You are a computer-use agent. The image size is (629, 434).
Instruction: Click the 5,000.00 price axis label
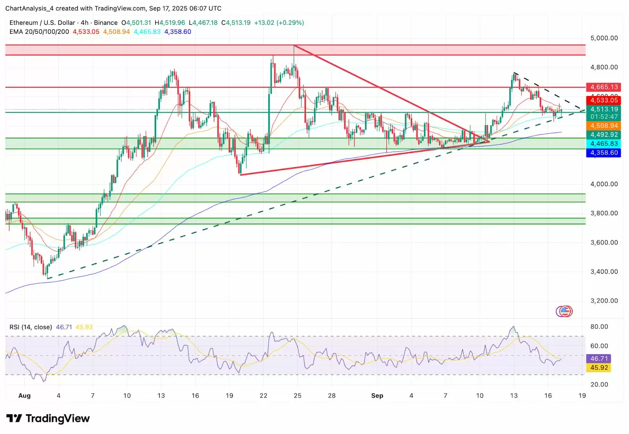click(604, 38)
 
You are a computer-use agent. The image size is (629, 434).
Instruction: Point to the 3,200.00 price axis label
click(604, 301)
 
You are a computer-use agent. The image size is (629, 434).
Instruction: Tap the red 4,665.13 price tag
click(604, 87)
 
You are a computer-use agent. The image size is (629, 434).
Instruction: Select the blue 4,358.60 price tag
click(604, 153)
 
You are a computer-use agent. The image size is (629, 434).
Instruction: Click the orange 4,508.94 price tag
click(604, 126)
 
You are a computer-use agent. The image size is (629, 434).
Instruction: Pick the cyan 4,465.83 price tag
click(604, 144)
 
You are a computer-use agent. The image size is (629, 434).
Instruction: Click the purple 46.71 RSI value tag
click(599, 358)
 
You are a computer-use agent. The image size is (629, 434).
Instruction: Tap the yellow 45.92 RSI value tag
click(599, 368)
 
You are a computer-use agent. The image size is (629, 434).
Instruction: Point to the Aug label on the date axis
click(24, 395)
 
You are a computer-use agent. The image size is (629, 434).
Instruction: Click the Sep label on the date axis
click(377, 395)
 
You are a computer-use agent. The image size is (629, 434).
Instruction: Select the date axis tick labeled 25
click(298, 395)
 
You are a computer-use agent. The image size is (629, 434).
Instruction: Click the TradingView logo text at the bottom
click(57, 419)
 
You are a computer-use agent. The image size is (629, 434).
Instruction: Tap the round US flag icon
click(565, 312)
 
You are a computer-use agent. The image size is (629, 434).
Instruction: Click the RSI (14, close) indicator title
click(31, 327)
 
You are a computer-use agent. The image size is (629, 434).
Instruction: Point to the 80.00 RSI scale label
click(599, 327)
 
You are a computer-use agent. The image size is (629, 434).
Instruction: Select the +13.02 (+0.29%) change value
click(279, 23)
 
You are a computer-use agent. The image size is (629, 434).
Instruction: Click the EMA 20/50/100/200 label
click(39, 32)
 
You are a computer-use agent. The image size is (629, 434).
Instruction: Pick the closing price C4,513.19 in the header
click(236, 23)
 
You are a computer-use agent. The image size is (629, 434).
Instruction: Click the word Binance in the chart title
click(105, 23)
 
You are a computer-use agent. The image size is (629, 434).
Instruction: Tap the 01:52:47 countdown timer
click(604, 117)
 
